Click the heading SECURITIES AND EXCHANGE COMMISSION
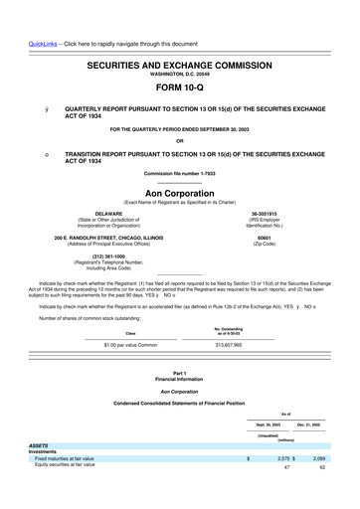tap(179, 63)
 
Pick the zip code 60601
tap(265, 240)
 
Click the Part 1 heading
tap(179, 373)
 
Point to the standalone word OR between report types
tap(179, 139)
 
